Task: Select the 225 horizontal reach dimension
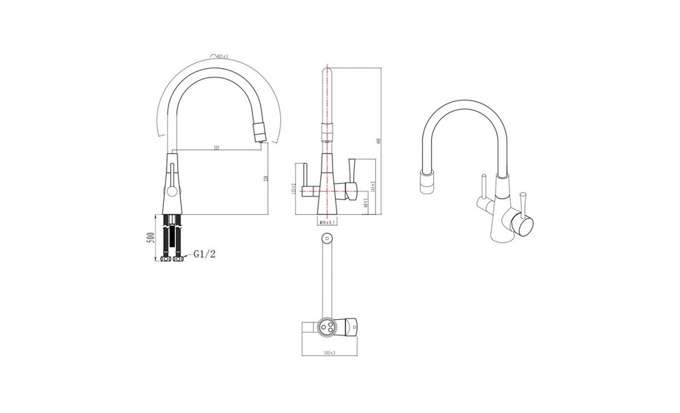click(216, 148)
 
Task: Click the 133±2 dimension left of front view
click(292, 190)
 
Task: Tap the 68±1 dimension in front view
click(366, 203)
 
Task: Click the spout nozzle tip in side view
click(258, 133)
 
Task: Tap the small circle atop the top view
click(326, 238)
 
